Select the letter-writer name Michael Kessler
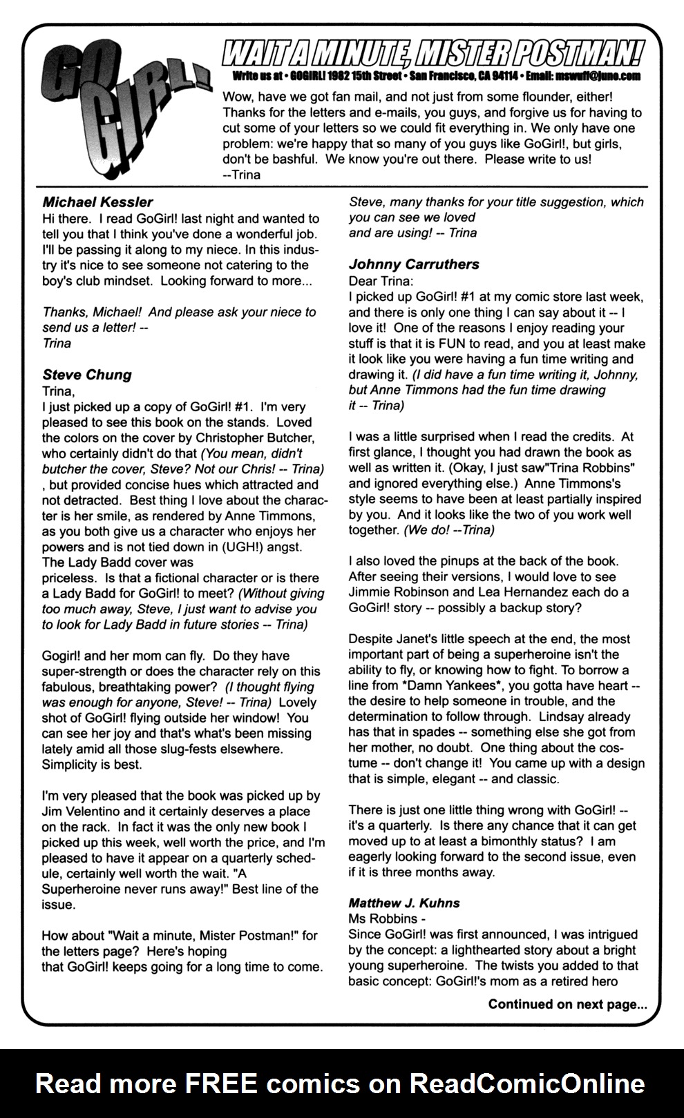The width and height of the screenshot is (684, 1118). click(97, 202)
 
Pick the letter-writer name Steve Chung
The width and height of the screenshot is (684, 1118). click(87, 375)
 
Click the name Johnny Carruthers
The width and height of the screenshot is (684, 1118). click(414, 264)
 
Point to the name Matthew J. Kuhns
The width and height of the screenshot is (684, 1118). click(404, 903)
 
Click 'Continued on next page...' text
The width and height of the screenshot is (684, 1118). click(567, 1004)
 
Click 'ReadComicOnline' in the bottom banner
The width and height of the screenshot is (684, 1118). click(527, 1083)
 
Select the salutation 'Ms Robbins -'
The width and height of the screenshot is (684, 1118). click(387, 919)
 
